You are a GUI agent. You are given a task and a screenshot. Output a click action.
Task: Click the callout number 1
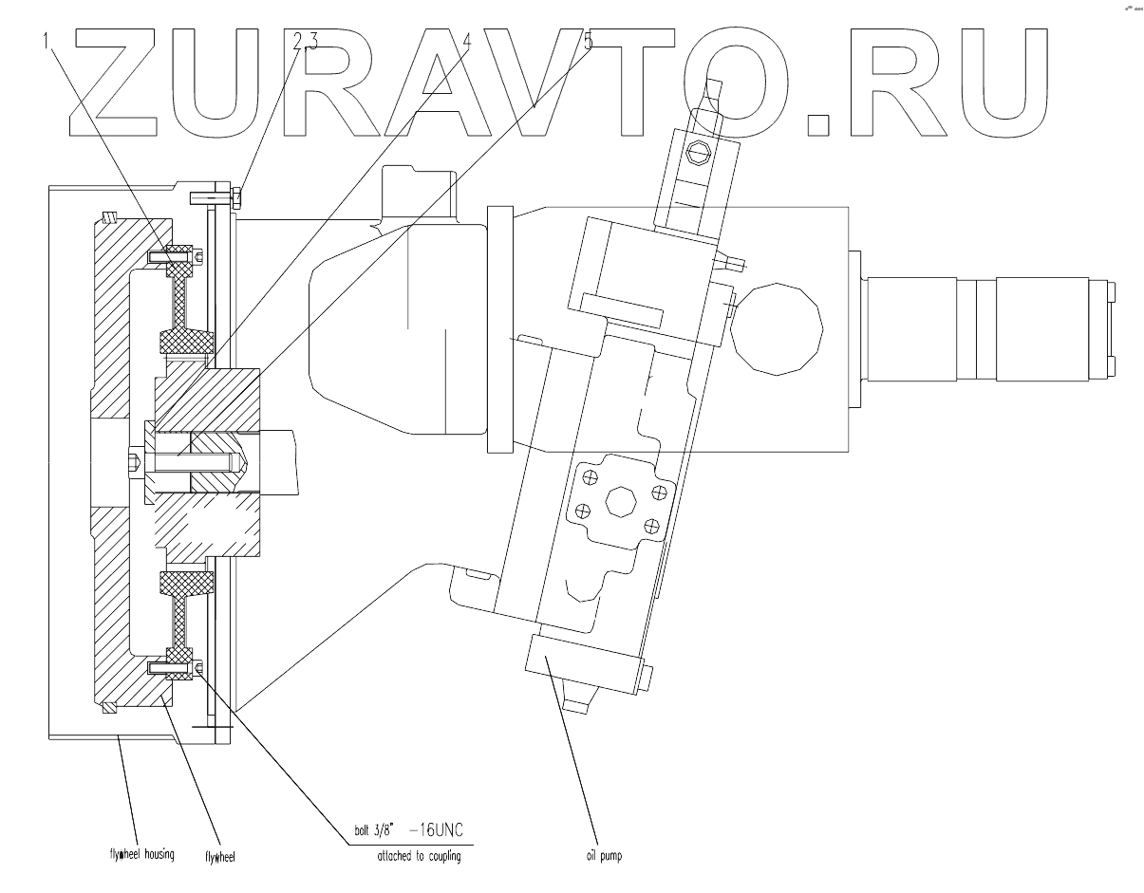[x=46, y=42]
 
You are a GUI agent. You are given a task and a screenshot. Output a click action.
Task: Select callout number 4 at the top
[x=466, y=41]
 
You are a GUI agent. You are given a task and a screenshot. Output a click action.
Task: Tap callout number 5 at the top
[x=589, y=41]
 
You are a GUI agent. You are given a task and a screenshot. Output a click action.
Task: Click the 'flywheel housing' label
[x=140, y=853]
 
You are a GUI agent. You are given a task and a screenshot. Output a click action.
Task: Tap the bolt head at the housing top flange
[x=236, y=197]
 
